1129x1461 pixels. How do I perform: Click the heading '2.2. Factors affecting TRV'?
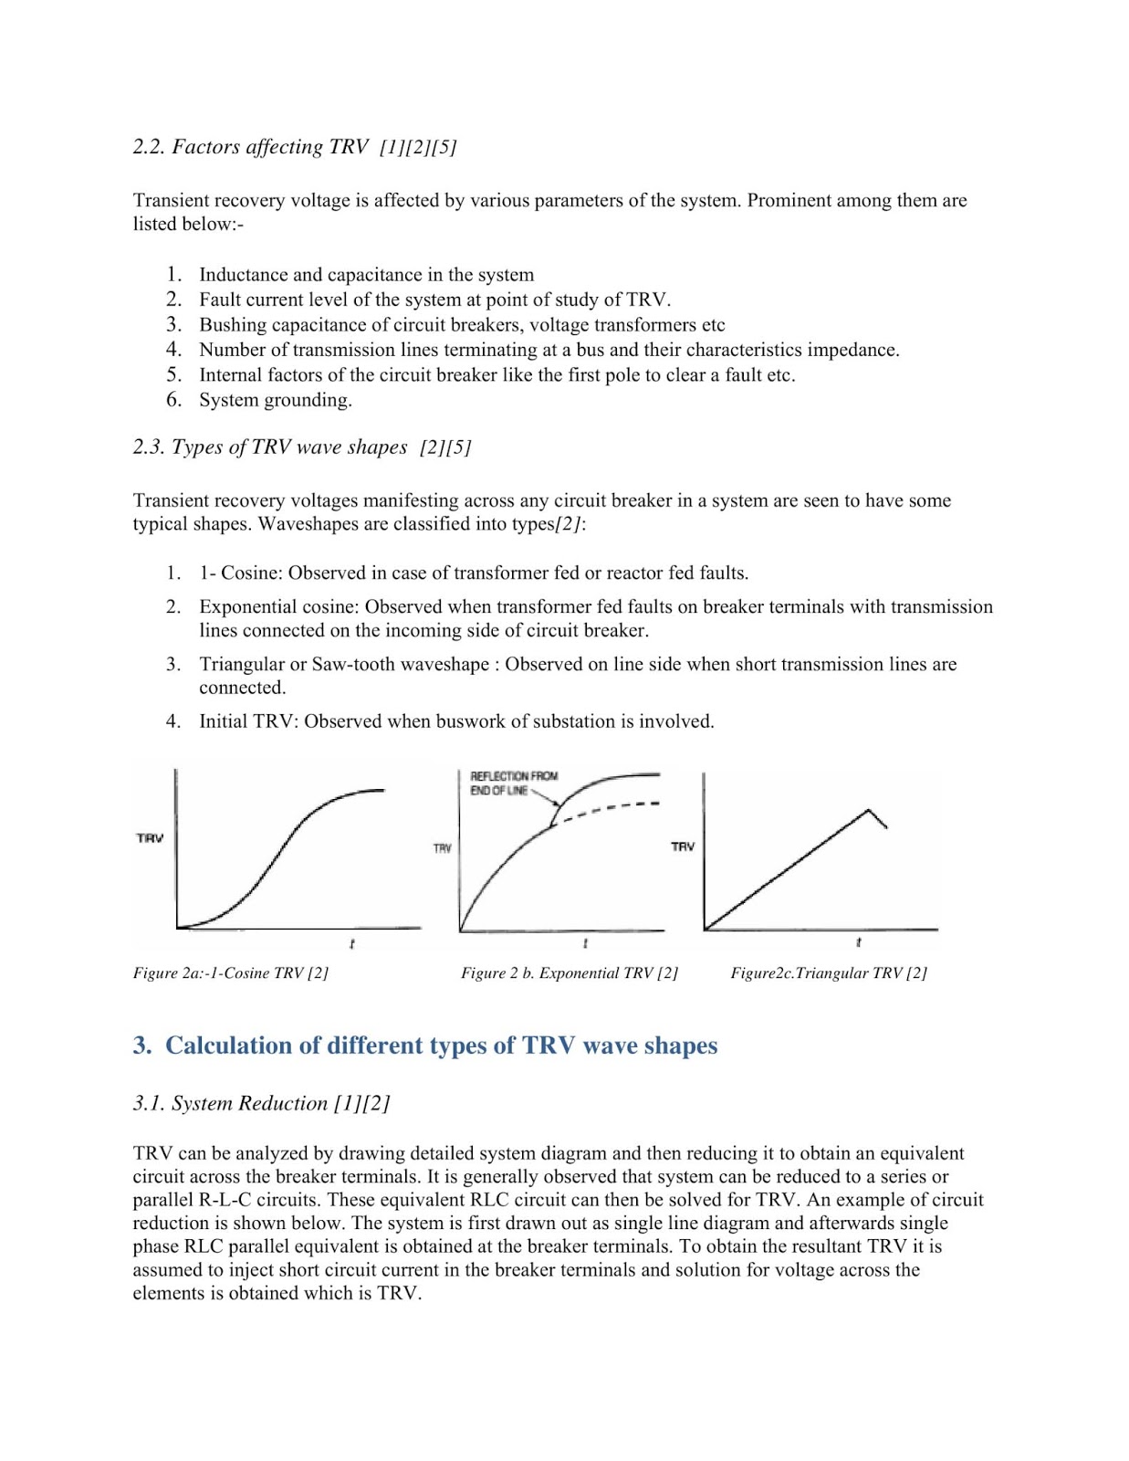250,147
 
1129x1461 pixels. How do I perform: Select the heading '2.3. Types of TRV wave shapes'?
270,447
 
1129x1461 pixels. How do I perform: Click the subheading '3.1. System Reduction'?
232,1103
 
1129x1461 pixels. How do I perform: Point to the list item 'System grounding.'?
275,400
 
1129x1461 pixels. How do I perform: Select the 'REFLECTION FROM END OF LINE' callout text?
513,783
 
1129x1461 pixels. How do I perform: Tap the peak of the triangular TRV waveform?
868,810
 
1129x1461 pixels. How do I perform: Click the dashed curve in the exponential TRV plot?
612,808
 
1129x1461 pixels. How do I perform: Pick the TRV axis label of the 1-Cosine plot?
150,837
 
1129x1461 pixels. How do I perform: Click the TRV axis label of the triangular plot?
683,846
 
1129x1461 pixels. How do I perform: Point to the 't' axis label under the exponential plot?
585,943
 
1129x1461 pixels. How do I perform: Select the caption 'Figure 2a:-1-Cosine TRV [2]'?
230,973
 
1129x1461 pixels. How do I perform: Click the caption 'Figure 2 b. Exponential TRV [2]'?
569,973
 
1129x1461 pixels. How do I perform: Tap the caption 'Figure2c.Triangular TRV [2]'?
828,973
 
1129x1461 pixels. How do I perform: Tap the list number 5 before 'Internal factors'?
173,375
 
